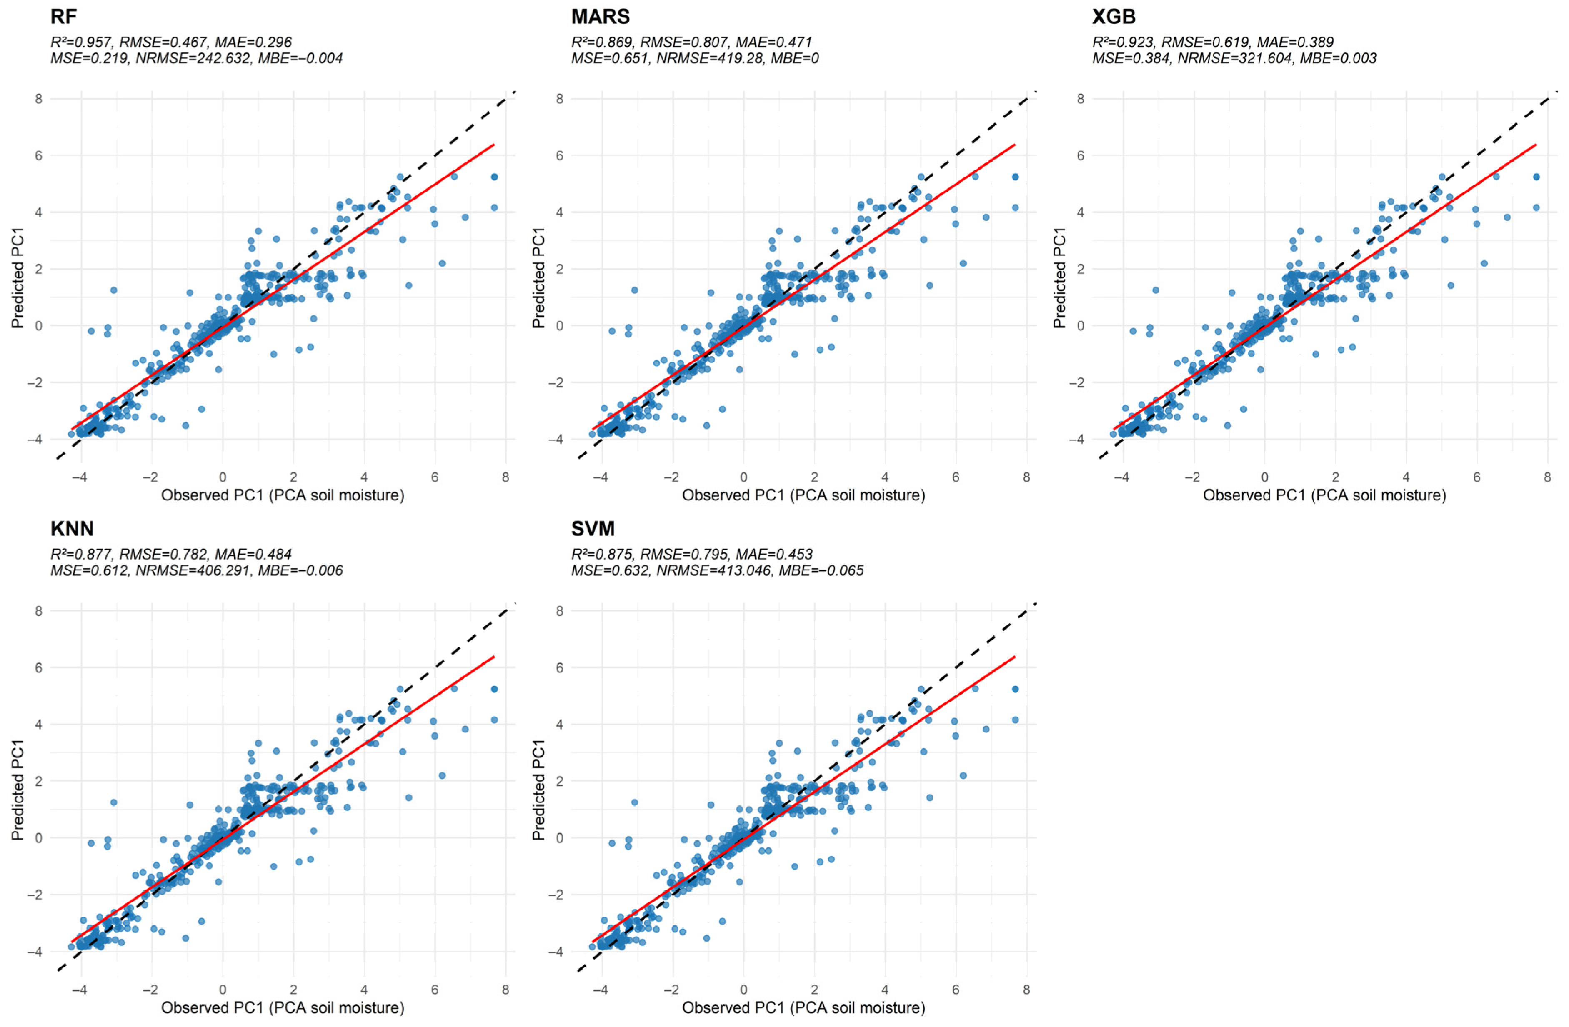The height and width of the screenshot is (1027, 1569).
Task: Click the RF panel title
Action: point(64,17)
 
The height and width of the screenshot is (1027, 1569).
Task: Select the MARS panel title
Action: point(600,17)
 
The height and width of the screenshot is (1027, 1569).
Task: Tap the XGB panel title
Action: point(1114,17)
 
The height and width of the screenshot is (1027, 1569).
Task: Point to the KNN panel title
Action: point(72,529)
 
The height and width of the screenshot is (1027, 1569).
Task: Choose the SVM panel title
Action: point(593,529)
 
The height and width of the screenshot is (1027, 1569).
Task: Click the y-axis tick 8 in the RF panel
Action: point(39,99)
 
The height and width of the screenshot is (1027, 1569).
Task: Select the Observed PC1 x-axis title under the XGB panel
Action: point(1324,495)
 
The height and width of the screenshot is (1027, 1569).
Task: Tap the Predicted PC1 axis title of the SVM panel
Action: point(538,790)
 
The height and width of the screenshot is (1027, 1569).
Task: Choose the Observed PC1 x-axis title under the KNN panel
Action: point(283,1008)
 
